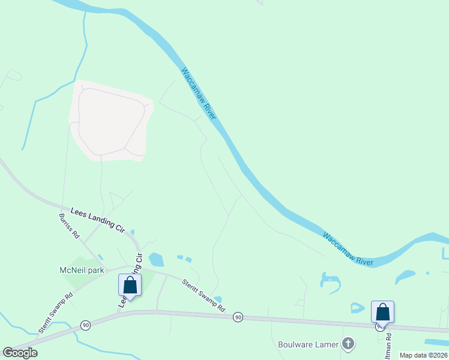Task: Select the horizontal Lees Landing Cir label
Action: pyautogui.click(x=97, y=220)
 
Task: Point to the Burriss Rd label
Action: pyautogui.click(x=69, y=226)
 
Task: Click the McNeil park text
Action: pyautogui.click(x=82, y=270)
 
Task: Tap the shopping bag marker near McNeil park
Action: pyautogui.click(x=130, y=286)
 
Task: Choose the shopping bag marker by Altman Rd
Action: pyautogui.click(x=382, y=312)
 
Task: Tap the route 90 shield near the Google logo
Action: pyautogui.click(x=86, y=325)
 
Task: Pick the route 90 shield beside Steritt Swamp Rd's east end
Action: pyautogui.click(x=238, y=316)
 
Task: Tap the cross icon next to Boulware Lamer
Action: pyautogui.click(x=347, y=344)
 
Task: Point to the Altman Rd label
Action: pyautogui.click(x=388, y=346)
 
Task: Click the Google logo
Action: pyautogui.click(x=20, y=353)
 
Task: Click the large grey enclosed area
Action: pyautogui.click(x=111, y=120)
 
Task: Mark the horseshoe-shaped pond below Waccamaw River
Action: pyautogui.click(x=330, y=280)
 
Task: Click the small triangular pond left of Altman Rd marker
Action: pyautogui.click(x=357, y=308)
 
